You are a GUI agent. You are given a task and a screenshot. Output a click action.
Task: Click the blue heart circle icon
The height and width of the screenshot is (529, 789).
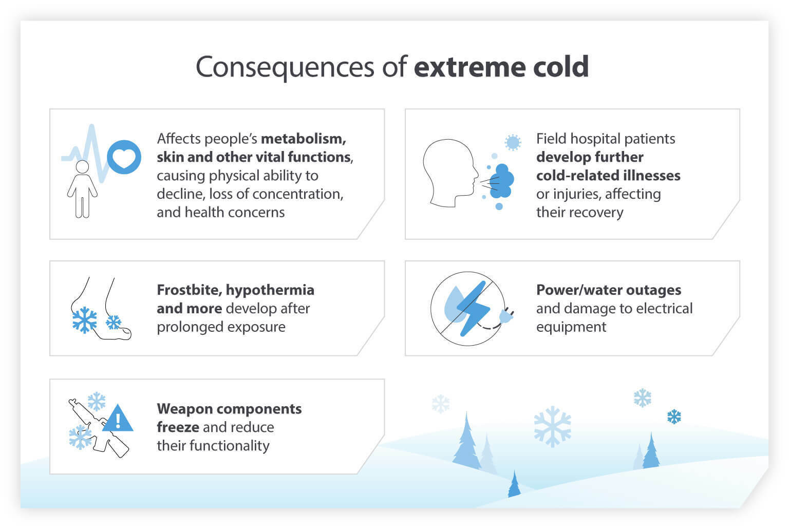[x=124, y=157]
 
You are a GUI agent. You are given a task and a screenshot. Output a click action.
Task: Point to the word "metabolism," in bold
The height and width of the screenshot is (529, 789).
[x=303, y=139]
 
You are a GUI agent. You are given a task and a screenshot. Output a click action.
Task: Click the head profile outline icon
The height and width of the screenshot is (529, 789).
[x=448, y=174]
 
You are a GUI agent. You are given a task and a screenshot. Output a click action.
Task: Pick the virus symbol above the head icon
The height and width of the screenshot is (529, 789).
[x=513, y=142]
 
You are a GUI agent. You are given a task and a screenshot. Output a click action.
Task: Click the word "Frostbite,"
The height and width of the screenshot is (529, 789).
[x=189, y=290]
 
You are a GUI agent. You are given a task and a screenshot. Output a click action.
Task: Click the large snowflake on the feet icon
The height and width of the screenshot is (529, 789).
[x=84, y=320]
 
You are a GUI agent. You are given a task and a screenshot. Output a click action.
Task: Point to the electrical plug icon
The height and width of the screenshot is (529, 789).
[x=505, y=315]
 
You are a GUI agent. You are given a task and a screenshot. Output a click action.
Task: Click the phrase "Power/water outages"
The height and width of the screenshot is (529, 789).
[x=608, y=290]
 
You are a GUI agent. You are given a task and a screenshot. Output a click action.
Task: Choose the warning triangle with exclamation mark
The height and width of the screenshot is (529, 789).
[x=118, y=419]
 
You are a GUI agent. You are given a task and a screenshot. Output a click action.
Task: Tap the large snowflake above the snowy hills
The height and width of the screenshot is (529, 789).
[x=552, y=426]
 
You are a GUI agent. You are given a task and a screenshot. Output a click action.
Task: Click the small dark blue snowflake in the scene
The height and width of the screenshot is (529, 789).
[x=673, y=417]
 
